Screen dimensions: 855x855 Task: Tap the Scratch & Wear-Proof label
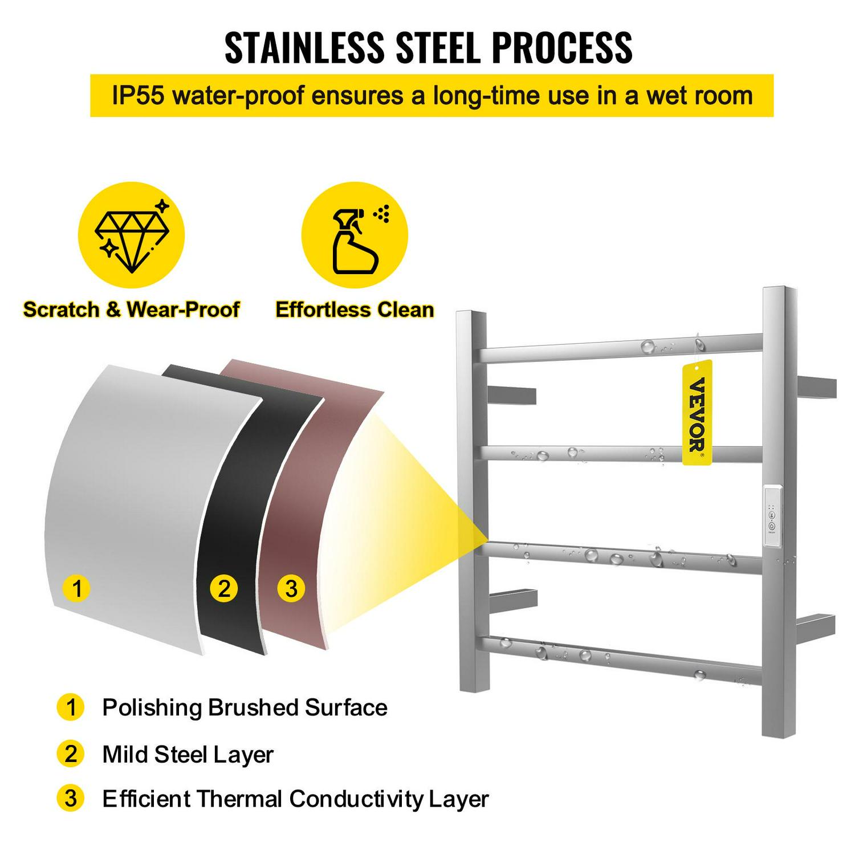point(131,310)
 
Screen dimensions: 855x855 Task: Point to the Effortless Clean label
point(355,310)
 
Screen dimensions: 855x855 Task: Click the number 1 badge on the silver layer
point(77,588)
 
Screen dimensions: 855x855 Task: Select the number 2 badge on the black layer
point(223,588)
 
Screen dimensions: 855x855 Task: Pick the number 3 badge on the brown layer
point(291,588)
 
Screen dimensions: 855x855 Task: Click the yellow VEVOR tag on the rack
point(697,412)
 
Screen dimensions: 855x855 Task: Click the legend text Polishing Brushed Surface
point(245,707)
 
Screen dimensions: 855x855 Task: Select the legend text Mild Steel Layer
point(188,754)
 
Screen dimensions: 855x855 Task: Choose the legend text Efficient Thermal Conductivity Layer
point(295,799)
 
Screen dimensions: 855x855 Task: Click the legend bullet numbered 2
point(71,754)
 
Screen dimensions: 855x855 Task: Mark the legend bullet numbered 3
point(71,798)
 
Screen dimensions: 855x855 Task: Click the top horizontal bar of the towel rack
point(621,348)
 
